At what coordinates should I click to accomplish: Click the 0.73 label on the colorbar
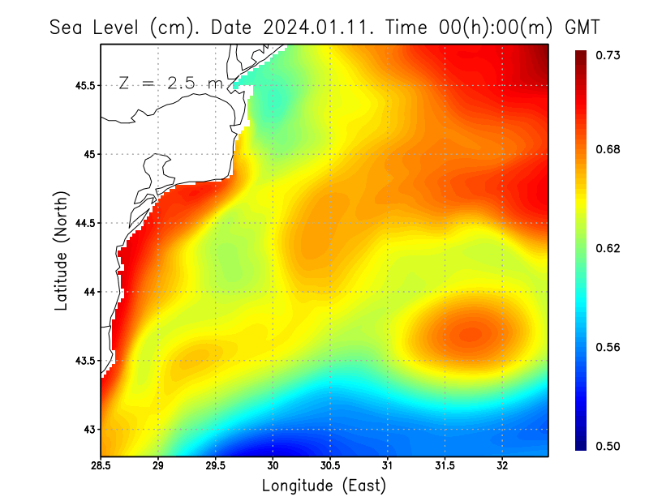point(608,55)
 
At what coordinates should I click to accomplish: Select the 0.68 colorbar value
point(608,149)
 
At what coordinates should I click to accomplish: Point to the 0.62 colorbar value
point(608,248)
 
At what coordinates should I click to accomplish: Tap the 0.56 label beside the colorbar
point(608,347)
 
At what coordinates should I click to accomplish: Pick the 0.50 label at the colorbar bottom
point(608,446)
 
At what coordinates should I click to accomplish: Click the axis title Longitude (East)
point(324,486)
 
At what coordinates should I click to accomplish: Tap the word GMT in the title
point(582,27)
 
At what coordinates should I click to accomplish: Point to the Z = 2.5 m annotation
point(170,83)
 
